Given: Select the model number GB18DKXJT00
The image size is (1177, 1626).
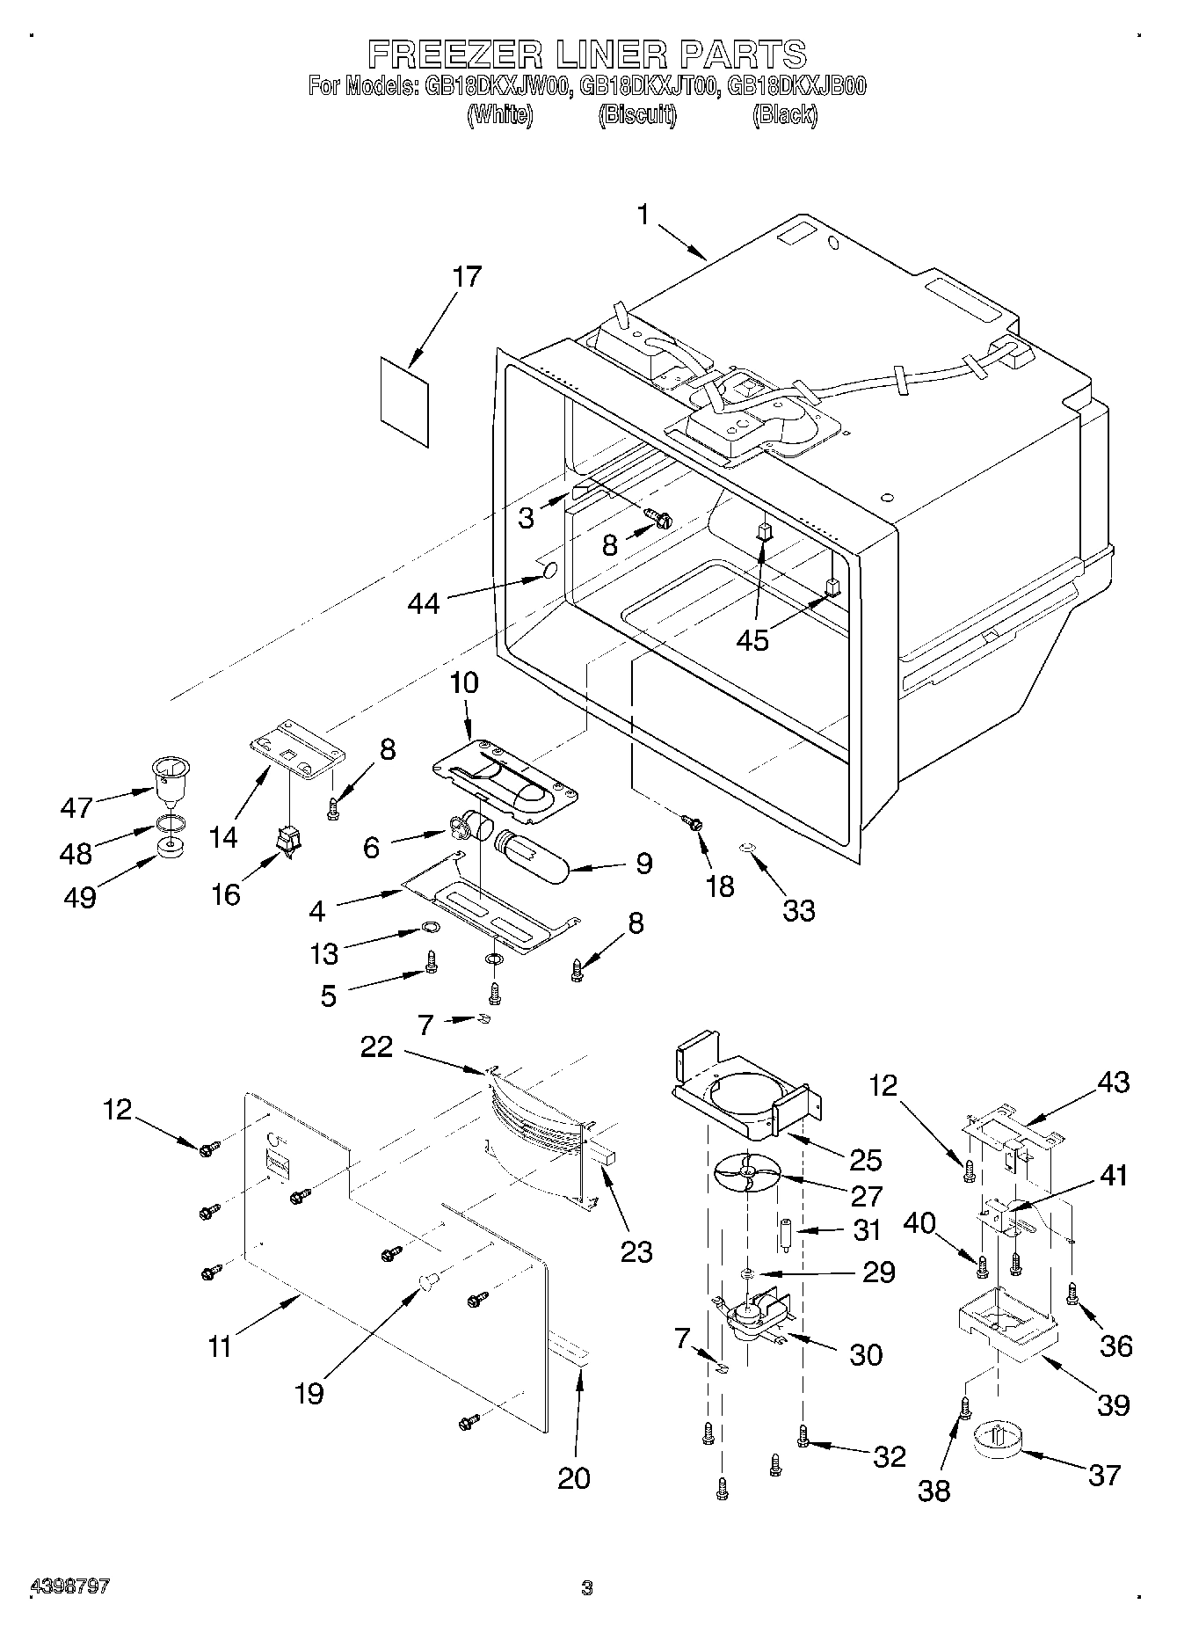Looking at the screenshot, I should (x=650, y=86).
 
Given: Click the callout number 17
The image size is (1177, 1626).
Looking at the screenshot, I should (x=467, y=277).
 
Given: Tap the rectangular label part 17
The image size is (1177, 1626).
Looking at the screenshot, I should (x=405, y=400).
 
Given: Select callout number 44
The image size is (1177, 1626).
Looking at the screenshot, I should (x=424, y=603).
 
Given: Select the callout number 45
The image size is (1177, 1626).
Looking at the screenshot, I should (x=753, y=640).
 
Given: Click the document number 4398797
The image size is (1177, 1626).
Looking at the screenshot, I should (x=70, y=1586).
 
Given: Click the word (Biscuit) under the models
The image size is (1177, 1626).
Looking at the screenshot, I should (x=637, y=114).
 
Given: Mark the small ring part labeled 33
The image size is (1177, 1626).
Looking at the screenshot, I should (x=746, y=848).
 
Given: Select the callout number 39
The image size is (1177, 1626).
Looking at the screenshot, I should (x=1113, y=1404).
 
